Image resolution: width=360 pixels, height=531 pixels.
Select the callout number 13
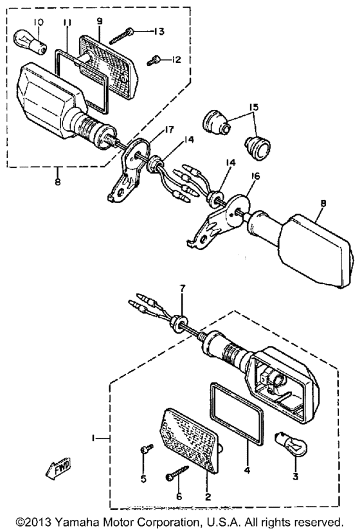(x=160, y=32)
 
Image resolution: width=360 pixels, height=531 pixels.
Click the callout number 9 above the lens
(x=100, y=21)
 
